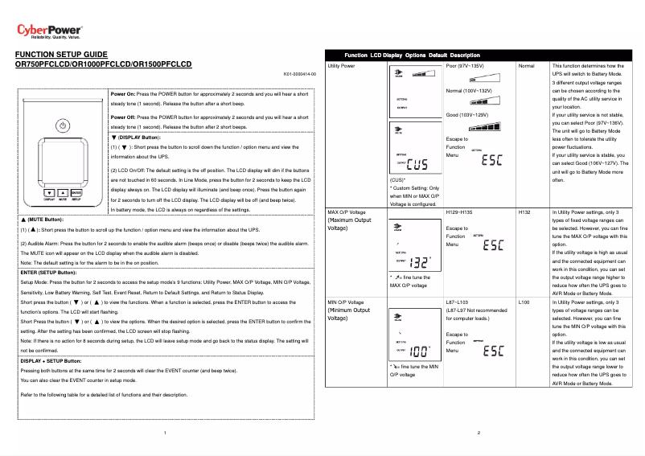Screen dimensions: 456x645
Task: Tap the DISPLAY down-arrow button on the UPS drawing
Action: coord(49,194)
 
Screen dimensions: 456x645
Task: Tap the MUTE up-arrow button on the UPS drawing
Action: coord(62,194)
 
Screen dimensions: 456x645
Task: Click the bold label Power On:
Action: coord(129,94)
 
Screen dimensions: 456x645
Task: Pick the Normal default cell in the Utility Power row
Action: coord(528,65)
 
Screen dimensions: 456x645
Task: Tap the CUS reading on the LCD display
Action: coord(417,166)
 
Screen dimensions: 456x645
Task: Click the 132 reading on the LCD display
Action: coord(418,262)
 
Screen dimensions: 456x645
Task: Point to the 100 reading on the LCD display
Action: coord(418,351)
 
